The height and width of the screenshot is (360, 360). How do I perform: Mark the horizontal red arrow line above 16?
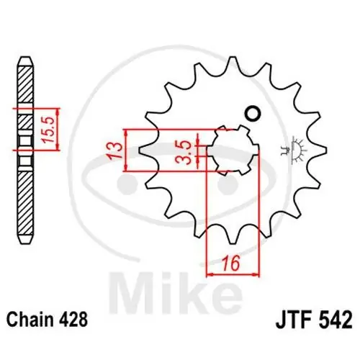(x=233, y=274)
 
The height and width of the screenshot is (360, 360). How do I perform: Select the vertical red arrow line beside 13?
(x=126, y=150)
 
